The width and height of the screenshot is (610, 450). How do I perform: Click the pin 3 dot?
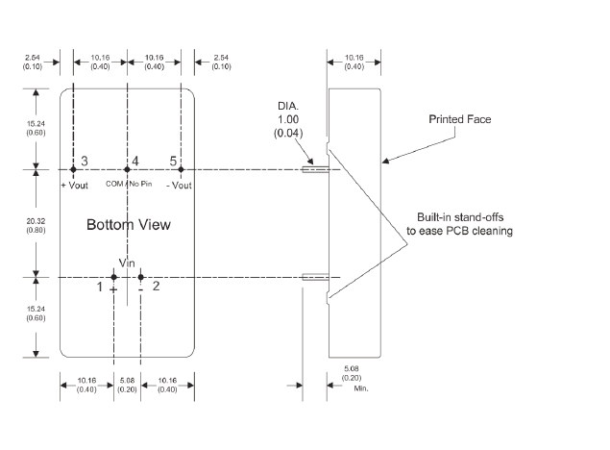[73, 170]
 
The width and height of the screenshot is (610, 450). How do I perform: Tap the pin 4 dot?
[127, 170]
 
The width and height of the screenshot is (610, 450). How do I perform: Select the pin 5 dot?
[181, 170]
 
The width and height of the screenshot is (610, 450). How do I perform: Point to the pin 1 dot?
[113, 278]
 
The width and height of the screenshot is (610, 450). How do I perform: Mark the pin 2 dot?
[140, 278]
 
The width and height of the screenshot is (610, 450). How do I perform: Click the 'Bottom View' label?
[129, 225]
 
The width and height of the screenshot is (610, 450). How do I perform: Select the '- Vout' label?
[180, 183]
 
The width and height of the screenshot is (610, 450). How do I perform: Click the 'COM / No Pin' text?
[127, 183]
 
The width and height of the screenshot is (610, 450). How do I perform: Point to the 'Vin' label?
[128, 262]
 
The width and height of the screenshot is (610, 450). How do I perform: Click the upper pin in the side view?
[315, 170]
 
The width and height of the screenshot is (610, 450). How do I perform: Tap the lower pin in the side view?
[315, 278]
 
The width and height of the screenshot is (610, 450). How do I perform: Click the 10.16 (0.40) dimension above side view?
[354, 63]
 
